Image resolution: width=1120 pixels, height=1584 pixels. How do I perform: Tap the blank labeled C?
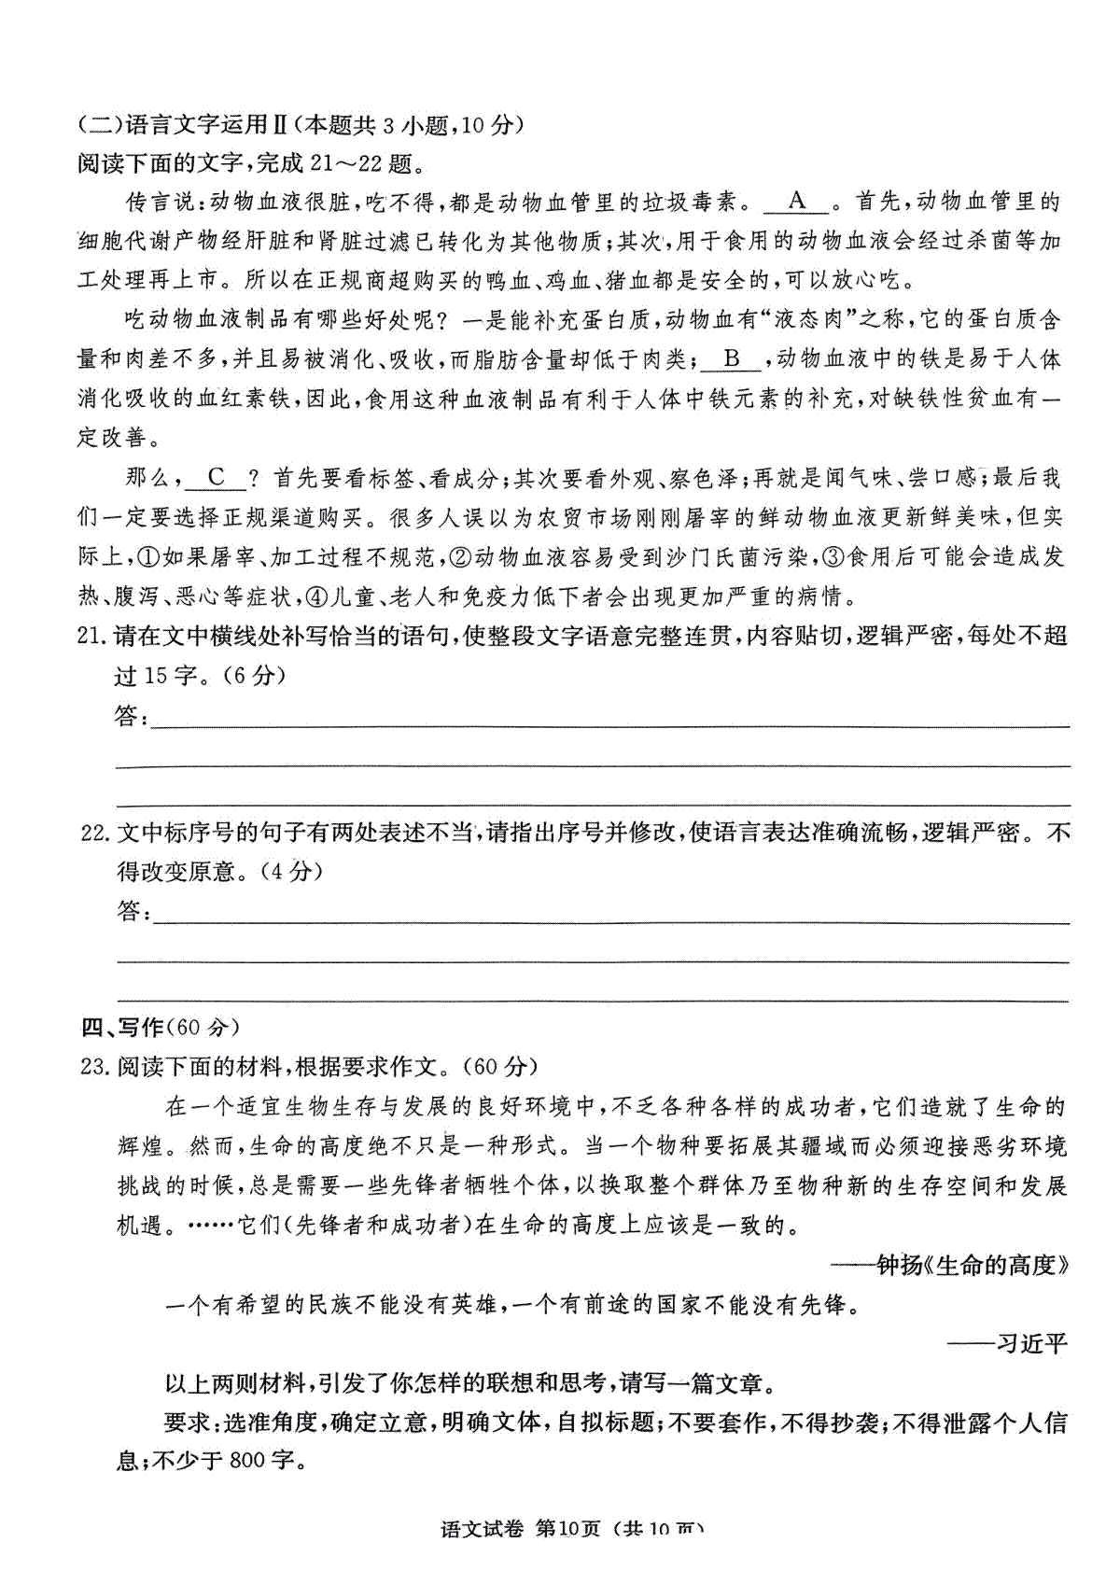(x=217, y=478)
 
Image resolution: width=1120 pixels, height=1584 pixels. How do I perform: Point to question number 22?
(x=95, y=833)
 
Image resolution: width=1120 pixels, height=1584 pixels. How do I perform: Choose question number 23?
(x=95, y=1066)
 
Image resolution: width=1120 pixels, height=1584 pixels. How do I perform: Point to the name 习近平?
(x=1030, y=1343)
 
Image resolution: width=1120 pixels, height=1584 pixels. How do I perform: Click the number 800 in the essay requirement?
(x=246, y=1460)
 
